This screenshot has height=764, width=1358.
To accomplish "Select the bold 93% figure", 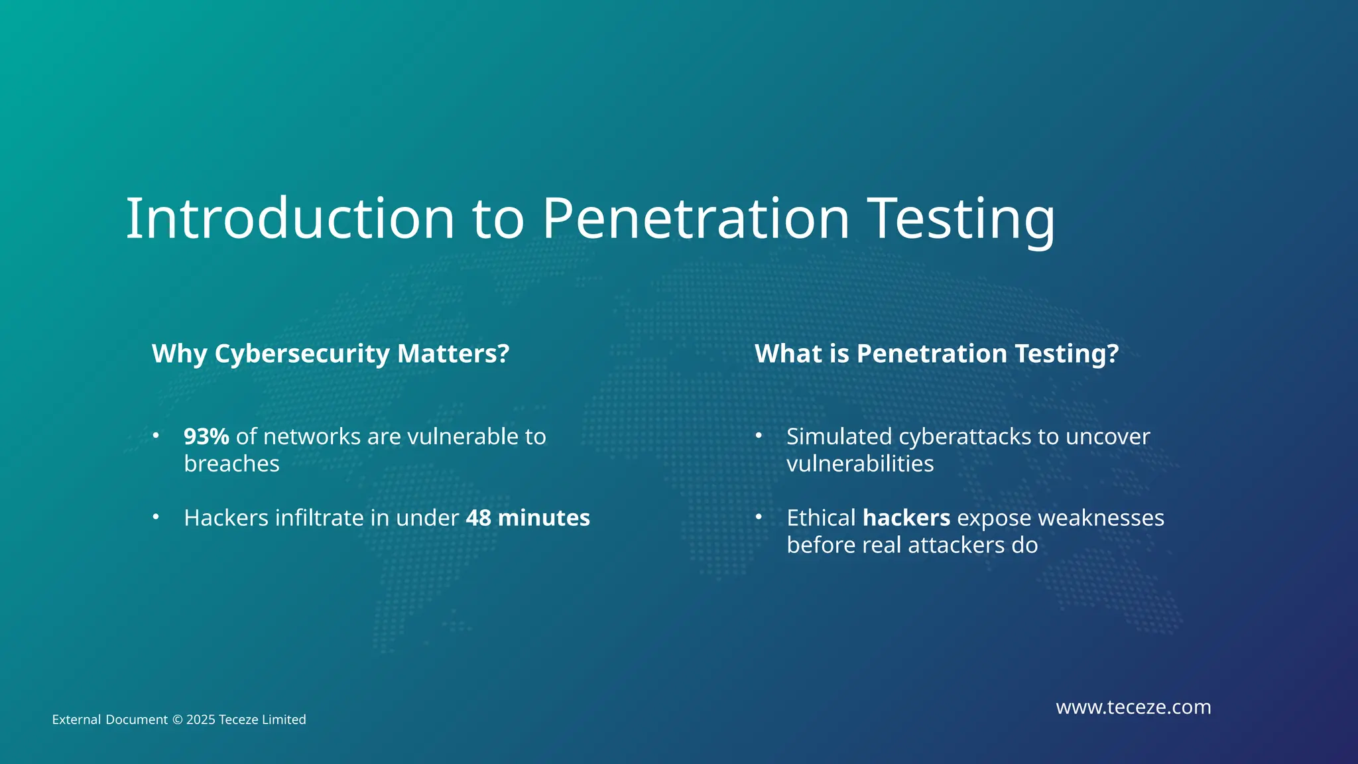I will click(x=206, y=436).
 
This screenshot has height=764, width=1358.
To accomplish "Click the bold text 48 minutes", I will click(x=527, y=518).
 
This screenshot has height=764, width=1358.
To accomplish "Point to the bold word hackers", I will click(x=906, y=518).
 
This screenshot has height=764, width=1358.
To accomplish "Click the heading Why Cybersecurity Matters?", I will click(x=330, y=353).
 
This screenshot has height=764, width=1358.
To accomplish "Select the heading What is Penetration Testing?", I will click(x=936, y=353).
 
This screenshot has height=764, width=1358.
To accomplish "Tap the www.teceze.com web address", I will click(x=1133, y=707).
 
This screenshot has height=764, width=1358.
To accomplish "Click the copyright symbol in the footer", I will click(x=177, y=720).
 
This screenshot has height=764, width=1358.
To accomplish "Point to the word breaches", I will click(x=231, y=464).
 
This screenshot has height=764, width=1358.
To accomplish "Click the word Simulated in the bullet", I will click(x=839, y=436).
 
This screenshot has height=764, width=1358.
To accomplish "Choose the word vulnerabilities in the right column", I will click(x=859, y=464).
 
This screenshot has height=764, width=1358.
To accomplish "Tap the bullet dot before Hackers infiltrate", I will click(x=156, y=517).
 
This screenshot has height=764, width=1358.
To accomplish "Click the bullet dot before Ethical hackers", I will click(x=759, y=517).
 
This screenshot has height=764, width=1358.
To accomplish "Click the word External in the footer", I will click(x=76, y=720).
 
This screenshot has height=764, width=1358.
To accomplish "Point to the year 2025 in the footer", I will click(x=200, y=720).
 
